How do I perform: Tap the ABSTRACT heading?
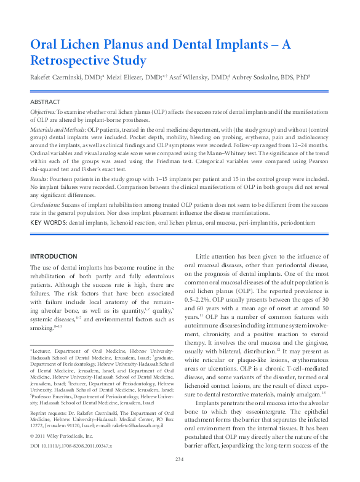(x=45, y=101)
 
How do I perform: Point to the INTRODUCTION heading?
(x=54, y=256)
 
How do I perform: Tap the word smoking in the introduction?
(x=44, y=329)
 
